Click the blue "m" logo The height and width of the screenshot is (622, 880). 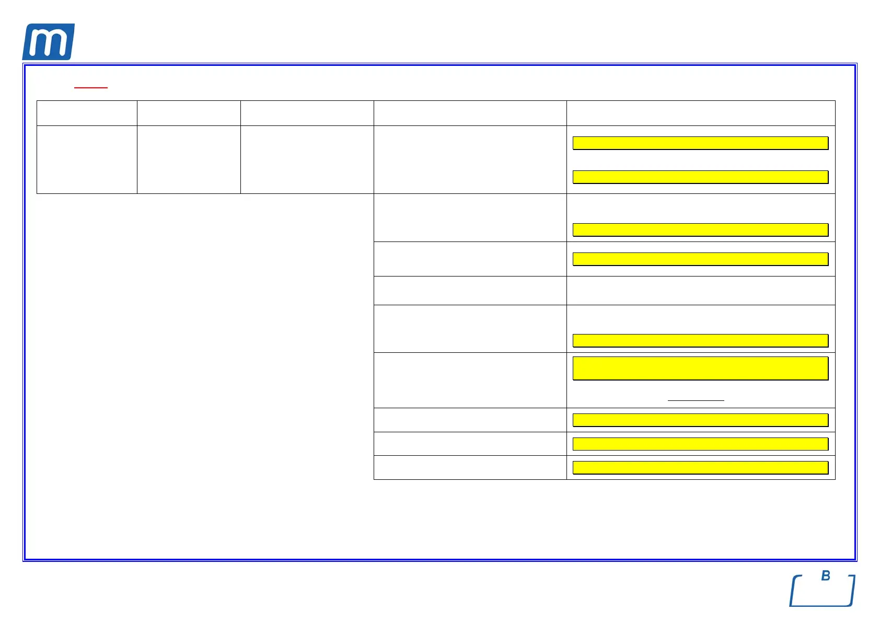pyautogui.click(x=48, y=42)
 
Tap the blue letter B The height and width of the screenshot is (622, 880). pyautogui.click(x=826, y=575)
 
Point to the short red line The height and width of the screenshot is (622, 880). pyautogui.click(x=91, y=87)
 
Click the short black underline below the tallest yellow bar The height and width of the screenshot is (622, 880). pyautogui.click(x=696, y=400)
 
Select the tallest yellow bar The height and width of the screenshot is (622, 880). pyautogui.click(x=700, y=368)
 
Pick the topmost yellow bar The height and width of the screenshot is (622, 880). pyautogui.click(x=700, y=143)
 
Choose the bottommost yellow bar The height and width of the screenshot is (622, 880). pyautogui.click(x=700, y=467)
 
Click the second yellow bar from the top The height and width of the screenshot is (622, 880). pyautogui.click(x=700, y=177)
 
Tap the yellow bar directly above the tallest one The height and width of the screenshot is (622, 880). pyautogui.click(x=700, y=340)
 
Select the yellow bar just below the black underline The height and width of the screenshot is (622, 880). pyautogui.click(x=700, y=420)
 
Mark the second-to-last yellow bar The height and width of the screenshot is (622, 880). pyautogui.click(x=700, y=444)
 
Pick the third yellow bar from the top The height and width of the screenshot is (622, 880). pyautogui.click(x=700, y=229)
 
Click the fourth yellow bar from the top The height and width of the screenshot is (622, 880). pyautogui.click(x=700, y=259)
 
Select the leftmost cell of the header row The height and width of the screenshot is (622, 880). pyautogui.click(x=87, y=113)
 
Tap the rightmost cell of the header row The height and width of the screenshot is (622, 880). pyautogui.click(x=701, y=113)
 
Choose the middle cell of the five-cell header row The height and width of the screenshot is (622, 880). pyautogui.click(x=307, y=113)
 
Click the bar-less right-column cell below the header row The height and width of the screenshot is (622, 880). pyautogui.click(x=701, y=291)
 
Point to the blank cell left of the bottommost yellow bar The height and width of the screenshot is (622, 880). pyautogui.click(x=470, y=467)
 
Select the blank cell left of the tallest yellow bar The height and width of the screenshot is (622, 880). pyautogui.click(x=470, y=380)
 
